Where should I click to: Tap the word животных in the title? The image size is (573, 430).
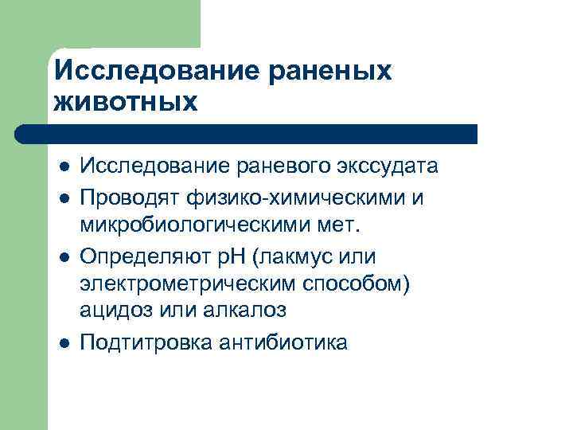click(126, 102)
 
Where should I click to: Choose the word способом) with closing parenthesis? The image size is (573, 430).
click(354, 284)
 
